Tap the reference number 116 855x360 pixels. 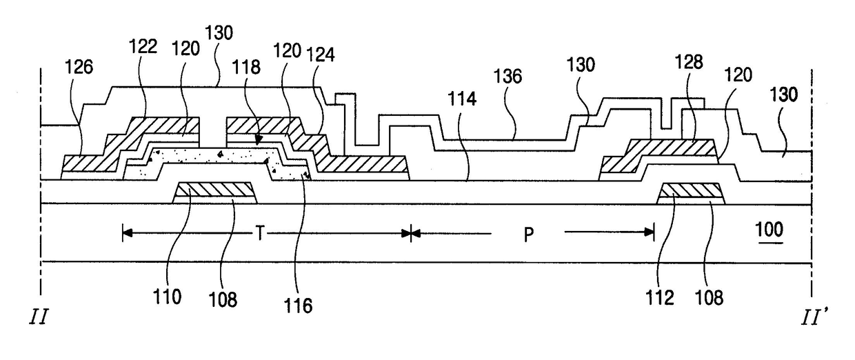point(300,305)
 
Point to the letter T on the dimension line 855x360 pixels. point(259,234)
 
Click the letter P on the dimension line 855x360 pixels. point(528,234)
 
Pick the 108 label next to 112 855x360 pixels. point(712,298)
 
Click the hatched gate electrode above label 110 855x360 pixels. point(214,190)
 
